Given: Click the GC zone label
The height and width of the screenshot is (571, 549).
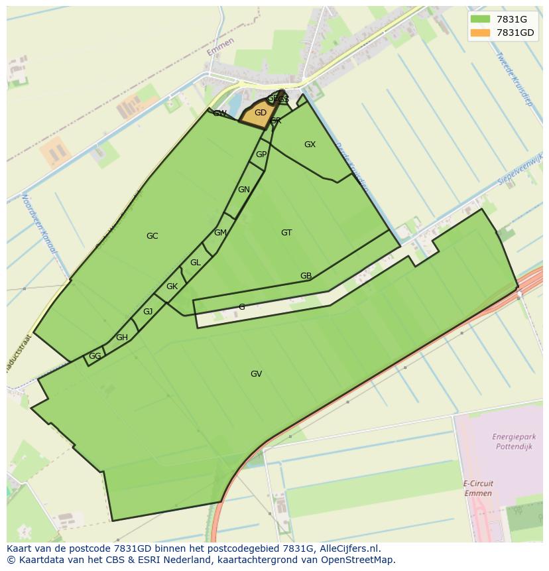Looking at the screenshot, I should pyautogui.click(x=152, y=236).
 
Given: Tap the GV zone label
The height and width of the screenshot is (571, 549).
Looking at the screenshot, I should pyautogui.click(x=256, y=374).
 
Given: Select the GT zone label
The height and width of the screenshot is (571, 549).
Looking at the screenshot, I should pyautogui.click(x=286, y=233).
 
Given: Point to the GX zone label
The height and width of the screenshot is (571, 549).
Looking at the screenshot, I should pyautogui.click(x=310, y=145).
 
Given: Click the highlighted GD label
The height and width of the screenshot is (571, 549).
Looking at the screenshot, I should pyautogui.click(x=261, y=113).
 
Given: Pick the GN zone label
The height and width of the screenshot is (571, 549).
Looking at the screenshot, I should pyautogui.click(x=244, y=190).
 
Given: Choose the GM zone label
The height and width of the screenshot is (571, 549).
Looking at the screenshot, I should pyautogui.click(x=220, y=233).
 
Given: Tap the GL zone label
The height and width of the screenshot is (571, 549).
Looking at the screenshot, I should pyautogui.click(x=195, y=263).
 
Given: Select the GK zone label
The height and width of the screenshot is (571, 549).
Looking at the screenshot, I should pyautogui.click(x=172, y=286).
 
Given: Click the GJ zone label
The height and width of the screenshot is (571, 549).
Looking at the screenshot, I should pyautogui.click(x=148, y=312).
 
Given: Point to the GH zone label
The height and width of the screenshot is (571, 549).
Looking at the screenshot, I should pyautogui.click(x=122, y=338).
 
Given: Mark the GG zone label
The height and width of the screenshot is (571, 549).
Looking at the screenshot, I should pyautogui.click(x=95, y=356).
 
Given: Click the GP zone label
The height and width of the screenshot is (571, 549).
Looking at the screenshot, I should pyautogui.click(x=261, y=155).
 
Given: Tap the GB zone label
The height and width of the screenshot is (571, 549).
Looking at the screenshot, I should pyautogui.click(x=306, y=276).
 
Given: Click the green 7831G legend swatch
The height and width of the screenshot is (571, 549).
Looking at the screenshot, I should pyautogui.click(x=479, y=19).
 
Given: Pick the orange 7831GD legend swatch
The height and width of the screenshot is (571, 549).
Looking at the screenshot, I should pyautogui.click(x=479, y=32).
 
